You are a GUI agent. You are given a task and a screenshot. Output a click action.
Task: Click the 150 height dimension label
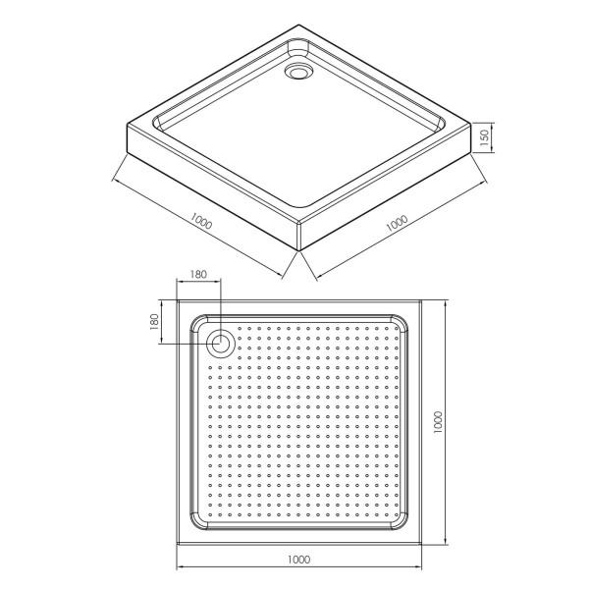pyautogui.click(x=485, y=137)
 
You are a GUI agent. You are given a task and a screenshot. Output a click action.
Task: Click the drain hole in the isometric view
pyautogui.click(x=297, y=72)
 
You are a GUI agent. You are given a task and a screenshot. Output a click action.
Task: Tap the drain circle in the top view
pyautogui.click(x=221, y=344)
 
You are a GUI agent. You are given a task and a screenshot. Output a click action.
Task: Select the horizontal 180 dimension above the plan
pyautogui.click(x=198, y=274)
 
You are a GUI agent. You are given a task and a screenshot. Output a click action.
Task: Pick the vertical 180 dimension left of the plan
pyautogui.click(x=154, y=322)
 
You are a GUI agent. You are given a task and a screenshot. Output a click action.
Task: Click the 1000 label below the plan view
pyautogui.click(x=299, y=560)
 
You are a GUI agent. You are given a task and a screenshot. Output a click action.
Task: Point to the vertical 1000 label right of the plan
pyautogui.click(x=438, y=422)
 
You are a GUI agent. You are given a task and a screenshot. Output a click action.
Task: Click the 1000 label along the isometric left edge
pyautogui.click(x=201, y=221)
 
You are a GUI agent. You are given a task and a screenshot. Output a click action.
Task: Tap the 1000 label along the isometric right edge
pyautogui.click(x=397, y=223)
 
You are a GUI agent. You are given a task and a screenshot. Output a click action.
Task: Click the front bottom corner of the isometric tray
pyautogui.click(x=299, y=251)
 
